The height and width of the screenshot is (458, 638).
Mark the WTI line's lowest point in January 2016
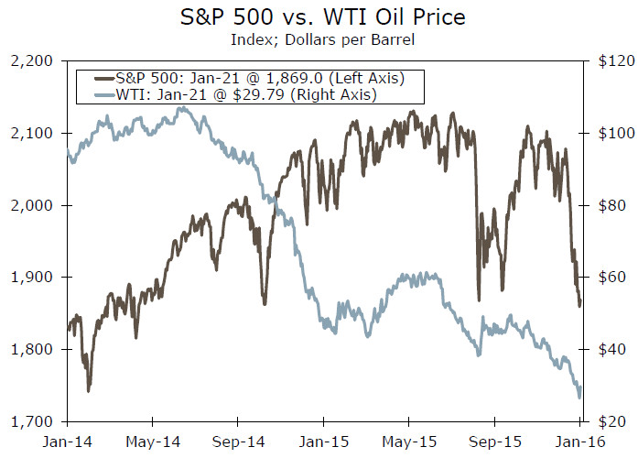pos(579,398)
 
